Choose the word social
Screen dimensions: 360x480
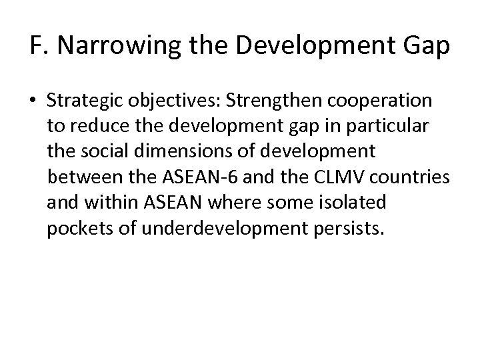(105, 151)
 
